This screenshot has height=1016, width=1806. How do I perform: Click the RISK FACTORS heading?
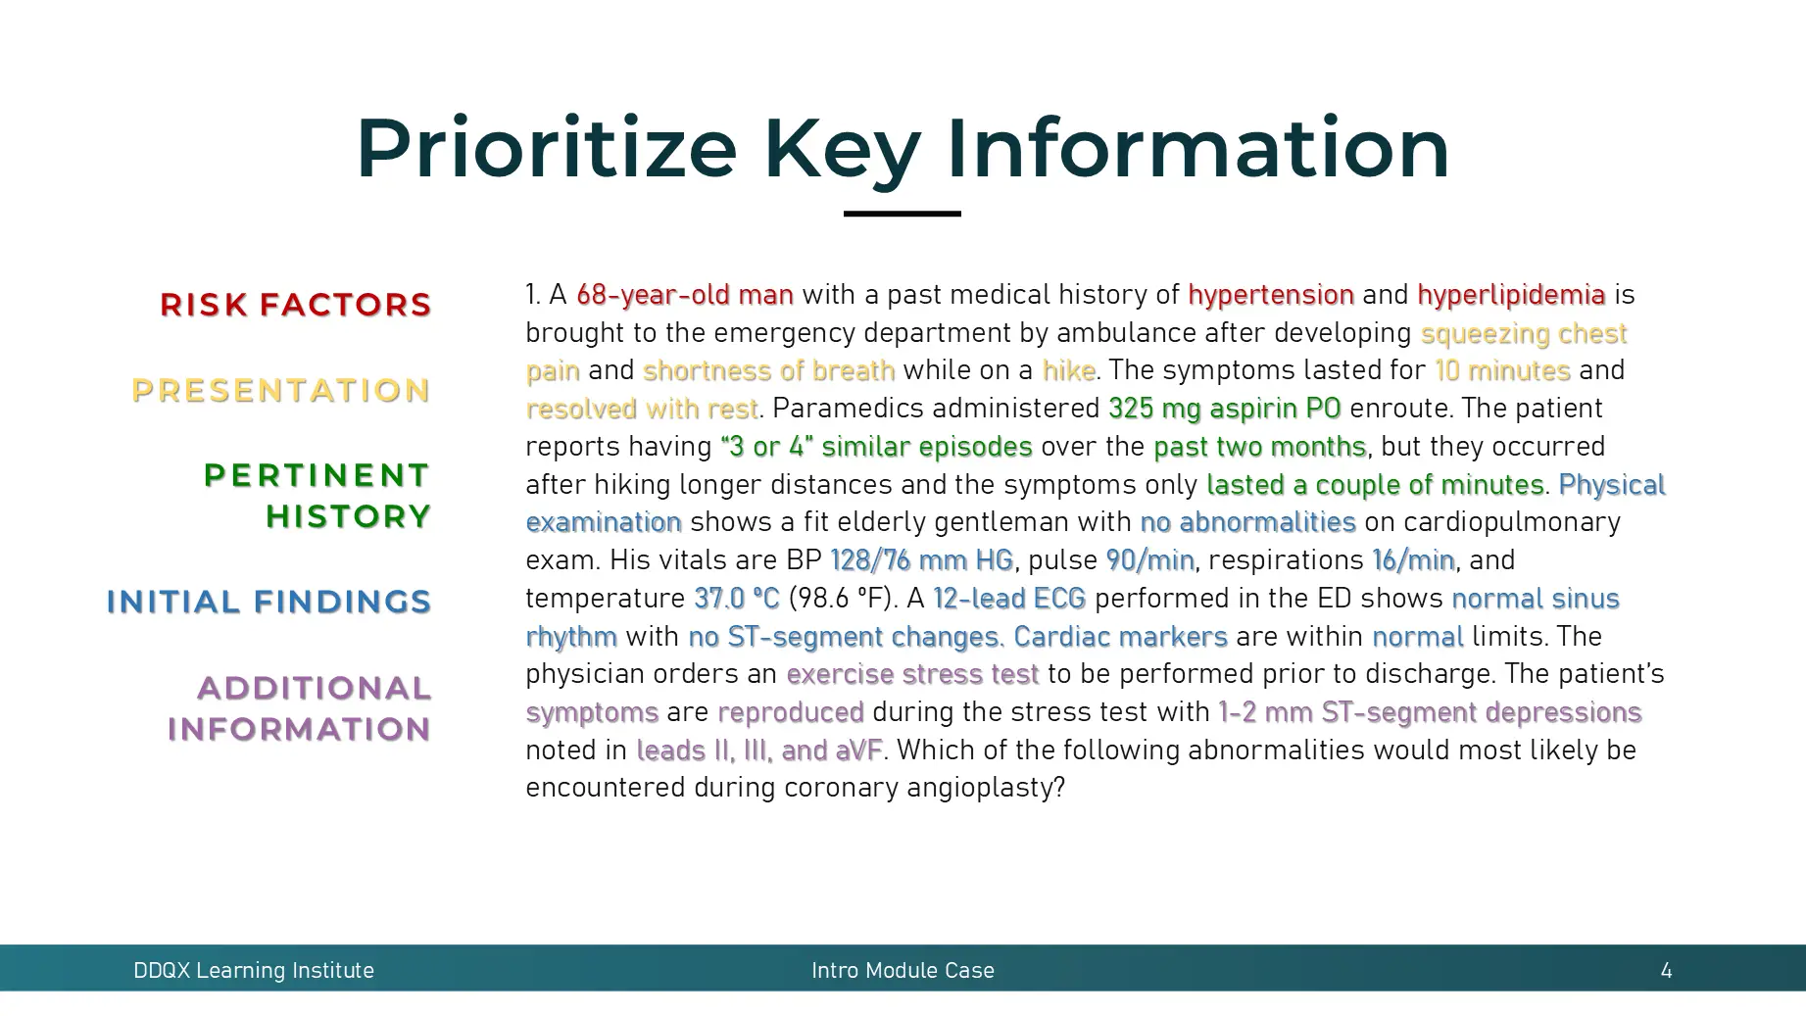pos(295,305)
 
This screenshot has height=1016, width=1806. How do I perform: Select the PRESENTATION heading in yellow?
pos(281,391)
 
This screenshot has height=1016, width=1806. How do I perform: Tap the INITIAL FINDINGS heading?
pos(268,602)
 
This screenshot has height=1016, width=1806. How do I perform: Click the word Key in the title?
pos(842,149)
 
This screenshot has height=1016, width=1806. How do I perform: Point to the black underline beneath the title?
pos(902,214)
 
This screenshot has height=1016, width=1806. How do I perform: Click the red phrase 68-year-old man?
pos(684,295)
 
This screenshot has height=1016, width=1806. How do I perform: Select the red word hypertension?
pos(1270,295)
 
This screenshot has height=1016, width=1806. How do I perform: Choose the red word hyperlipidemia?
pos(1510,295)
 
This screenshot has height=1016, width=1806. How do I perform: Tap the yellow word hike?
pos(1068,370)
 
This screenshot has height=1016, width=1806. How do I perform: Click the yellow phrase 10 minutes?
pos(1502,370)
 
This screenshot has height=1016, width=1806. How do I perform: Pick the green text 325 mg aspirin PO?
pos(1224,409)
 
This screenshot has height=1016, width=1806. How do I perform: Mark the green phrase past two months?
pos(1259,447)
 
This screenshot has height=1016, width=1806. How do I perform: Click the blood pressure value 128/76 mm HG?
pos(921,560)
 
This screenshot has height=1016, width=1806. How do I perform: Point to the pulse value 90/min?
pos(1149,560)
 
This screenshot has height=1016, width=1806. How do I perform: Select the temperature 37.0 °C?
pos(736,599)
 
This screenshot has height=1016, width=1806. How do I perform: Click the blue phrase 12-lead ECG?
pos(1009,599)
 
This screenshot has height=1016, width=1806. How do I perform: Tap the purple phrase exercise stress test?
pos(911,674)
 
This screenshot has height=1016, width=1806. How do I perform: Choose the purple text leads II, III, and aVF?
pos(758,750)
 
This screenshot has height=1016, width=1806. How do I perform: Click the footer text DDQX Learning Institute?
pos(254,971)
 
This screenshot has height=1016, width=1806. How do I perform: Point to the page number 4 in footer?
pos(1666,971)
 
